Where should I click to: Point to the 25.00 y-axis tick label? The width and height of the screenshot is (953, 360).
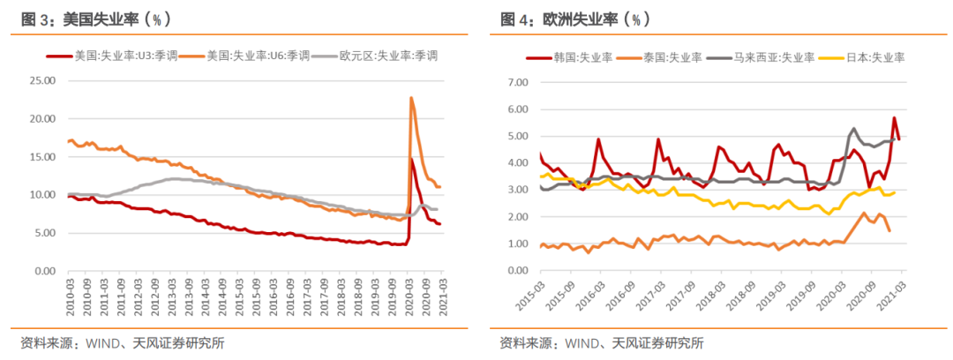tap(41, 80)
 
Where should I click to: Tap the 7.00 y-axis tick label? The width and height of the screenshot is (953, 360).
tap(514, 82)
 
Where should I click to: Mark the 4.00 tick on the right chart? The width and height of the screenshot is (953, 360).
tap(514, 163)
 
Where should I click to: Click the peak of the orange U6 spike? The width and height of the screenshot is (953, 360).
tap(411, 97)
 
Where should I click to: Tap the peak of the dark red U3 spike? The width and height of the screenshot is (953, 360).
tap(412, 159)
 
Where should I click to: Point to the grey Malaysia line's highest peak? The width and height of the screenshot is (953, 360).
tap(853, 129)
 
